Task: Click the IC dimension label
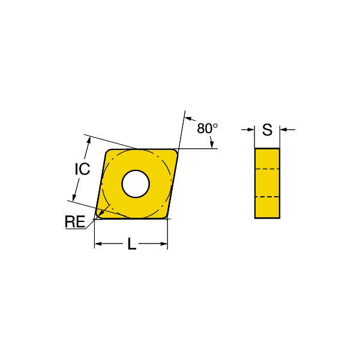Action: (x=82, y=169)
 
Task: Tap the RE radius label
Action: (x=75, y=221)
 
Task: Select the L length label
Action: (x=132, y=244)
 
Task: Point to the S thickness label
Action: (x=267, y=130)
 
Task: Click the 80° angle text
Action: (x=208, y=128)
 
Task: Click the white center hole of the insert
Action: (x=136, y=184)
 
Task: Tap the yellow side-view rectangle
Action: (x=267, y=183)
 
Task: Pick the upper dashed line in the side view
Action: (x=267, y=169)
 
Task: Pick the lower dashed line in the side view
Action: (x=267, y=197)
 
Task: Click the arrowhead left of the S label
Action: (x=251, y=130)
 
